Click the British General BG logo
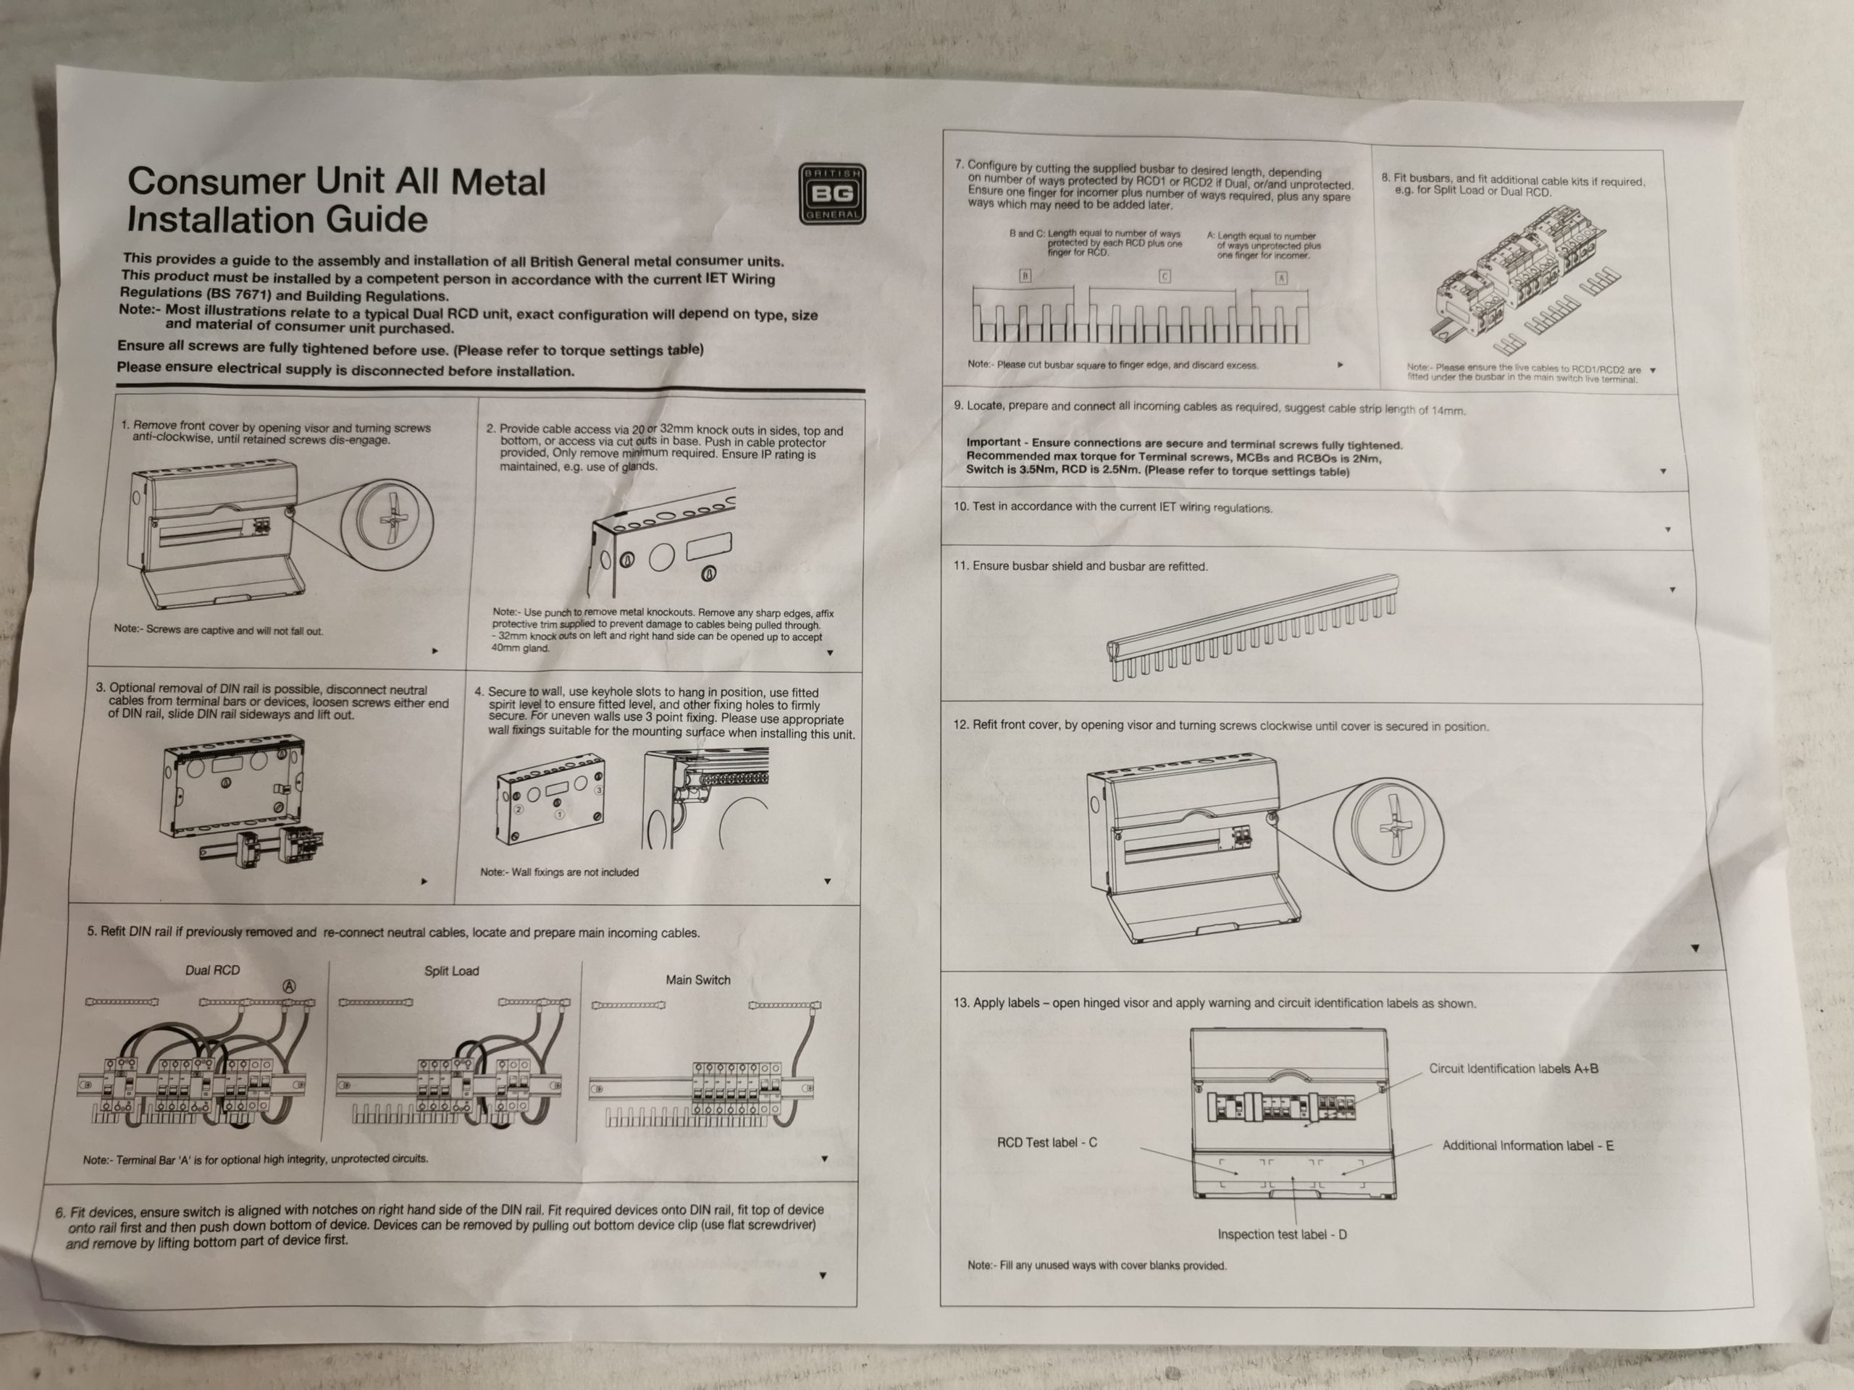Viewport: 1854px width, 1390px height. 832,193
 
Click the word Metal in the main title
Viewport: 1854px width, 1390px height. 499,182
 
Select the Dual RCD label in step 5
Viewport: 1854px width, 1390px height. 212,970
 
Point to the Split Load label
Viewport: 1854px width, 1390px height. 452,971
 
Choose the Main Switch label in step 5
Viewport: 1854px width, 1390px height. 698,980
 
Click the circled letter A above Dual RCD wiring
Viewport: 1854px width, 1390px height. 289,986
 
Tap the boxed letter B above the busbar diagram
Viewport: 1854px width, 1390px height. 1025,275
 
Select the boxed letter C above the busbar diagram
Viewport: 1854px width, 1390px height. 1165,276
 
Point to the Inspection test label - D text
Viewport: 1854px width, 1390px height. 1283,1234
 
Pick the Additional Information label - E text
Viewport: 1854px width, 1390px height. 1528,1145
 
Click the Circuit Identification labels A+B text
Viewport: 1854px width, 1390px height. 1514,1069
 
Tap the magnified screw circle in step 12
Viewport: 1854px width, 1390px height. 1389,825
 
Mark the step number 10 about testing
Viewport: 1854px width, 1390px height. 960,506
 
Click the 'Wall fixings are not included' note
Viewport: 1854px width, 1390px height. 559,872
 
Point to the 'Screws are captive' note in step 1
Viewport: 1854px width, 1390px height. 218,630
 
